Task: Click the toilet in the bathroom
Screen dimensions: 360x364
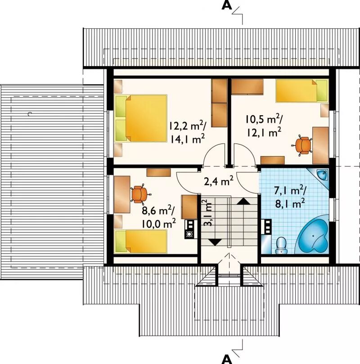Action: pyautogui.click(x=281, y=245)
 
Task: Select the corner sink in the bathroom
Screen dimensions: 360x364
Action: pyautogui.click(x=322, y=175)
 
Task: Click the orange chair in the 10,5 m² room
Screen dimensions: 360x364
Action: pyautogui.click(x=303, y=145)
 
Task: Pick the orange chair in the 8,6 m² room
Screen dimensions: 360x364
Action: pyautogui.click(x=139, y=194)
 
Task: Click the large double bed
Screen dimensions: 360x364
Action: pyautogui.click(x=141, y=118)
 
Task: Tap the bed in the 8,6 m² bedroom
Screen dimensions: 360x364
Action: pyautogui.click(x=141, y=242)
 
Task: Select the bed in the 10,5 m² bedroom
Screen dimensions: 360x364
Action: pyautogui.click(x=302, y=91)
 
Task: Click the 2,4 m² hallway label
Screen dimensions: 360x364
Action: pyautogui.click(x=219, y=181)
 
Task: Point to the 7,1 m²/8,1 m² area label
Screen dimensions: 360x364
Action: pyautogui.click(x=290, y=198)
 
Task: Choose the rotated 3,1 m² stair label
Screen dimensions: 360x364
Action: pyautogui.click(x=208, y=213)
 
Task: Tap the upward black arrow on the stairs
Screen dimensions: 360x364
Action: pyautogui.click(x=243, y=201)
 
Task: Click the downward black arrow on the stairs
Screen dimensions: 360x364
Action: pyautogui.click(x=215, y=242)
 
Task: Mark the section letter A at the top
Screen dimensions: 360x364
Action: pyautogui.click(x=227, y=5)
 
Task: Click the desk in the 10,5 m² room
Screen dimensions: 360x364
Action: pyautogui.click(x=320, y=145)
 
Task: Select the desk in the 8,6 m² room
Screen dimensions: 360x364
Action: pyautogui.click(x=122, y=194)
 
